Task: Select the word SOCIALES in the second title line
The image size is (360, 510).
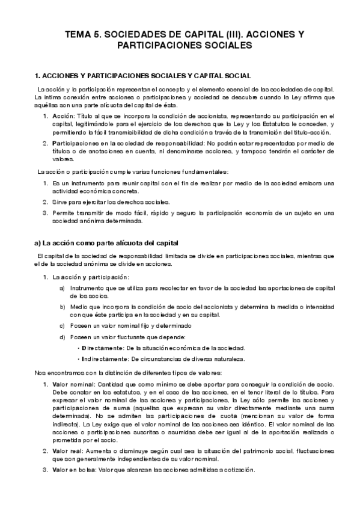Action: (230, 46)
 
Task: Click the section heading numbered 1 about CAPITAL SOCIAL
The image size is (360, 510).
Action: (139, 76)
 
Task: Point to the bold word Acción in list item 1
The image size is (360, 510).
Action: (63, 115)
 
